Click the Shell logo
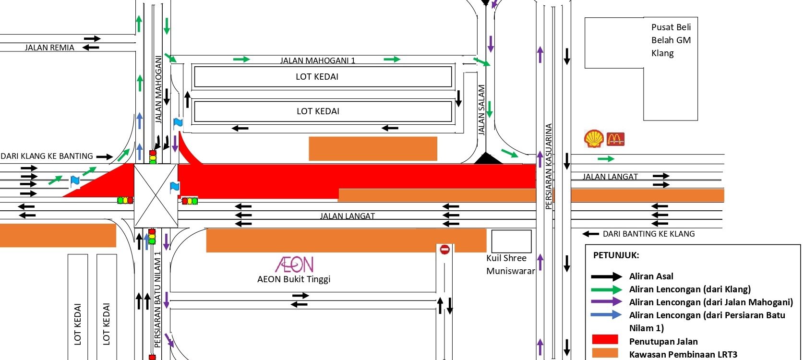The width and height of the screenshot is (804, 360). click(594, 138)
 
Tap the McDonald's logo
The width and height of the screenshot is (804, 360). click(615, 139)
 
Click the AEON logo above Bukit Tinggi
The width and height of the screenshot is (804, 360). click(294, 264)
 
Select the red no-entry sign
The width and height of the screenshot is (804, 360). click(444, 249)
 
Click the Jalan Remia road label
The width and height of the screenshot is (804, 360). click(49, 48)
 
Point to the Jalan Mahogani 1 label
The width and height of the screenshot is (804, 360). click(318, 60)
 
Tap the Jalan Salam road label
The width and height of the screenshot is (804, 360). click(482, 110)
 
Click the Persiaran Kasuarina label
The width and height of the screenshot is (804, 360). click(549, 166)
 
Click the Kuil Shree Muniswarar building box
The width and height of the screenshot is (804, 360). click(511, 241)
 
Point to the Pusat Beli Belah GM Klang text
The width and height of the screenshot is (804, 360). click(671, 40)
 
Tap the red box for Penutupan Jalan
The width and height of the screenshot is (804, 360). click(605, 339)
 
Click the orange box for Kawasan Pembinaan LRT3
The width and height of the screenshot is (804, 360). click(605, 353)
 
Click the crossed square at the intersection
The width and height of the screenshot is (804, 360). click(156, 195)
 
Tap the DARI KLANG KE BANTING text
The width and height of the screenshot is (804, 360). click(47, 156)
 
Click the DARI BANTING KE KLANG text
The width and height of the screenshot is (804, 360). click(648, 234)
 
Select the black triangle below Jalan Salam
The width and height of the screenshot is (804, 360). click(488, 159)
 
